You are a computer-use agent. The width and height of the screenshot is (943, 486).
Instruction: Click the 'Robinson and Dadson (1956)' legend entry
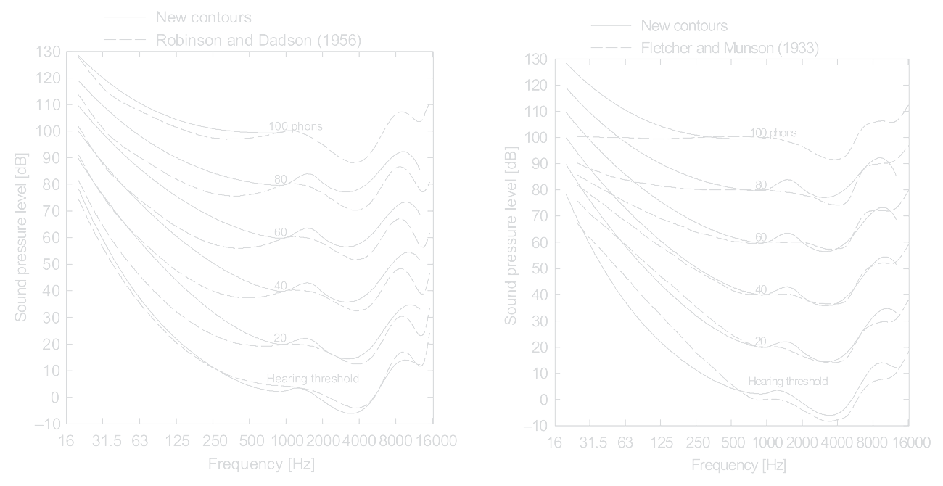point(258,41)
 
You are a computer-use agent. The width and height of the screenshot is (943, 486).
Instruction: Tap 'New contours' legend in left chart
point(203,17)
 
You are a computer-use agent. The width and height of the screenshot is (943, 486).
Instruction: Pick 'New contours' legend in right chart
point(684,27)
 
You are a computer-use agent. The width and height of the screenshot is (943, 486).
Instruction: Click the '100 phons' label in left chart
point(295,126)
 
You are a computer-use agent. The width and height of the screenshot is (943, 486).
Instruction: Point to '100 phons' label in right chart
point(773,133)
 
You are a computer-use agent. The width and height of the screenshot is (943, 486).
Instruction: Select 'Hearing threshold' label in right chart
point(788,381)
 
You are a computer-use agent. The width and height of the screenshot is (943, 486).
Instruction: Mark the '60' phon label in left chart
point(281,233)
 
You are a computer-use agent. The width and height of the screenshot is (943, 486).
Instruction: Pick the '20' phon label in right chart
point(760,341)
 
